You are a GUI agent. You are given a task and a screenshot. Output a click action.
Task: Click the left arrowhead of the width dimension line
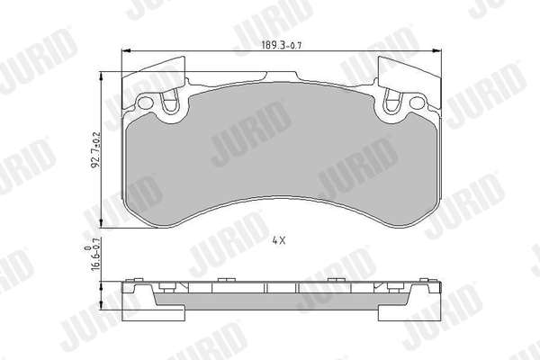pos(125,50)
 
